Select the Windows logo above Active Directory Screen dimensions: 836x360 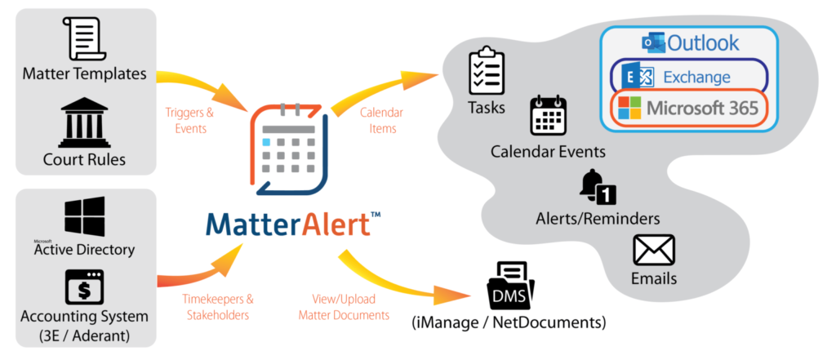[x=84, y=216]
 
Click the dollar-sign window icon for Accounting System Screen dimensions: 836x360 [x=84, y=287]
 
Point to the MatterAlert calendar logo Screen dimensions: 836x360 [x=288, y=149]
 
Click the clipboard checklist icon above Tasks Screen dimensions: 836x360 [x=485, y=70]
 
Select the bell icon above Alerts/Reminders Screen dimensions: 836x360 [x=597, y=187]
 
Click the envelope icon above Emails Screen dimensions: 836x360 [x=654, y=251]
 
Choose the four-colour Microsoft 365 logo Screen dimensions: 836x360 [x=629, y=109]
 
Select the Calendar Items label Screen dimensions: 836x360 [x=381, y=121]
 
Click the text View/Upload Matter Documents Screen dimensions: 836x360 [x=344, y=307]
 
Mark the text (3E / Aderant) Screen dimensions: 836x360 [x=84, y=335]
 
